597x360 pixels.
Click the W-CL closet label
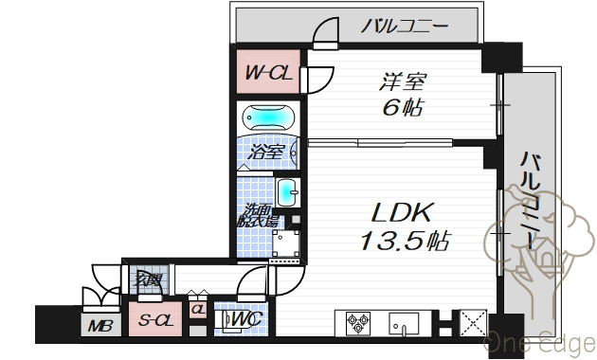click(x=268, y=72)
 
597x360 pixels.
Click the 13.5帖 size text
click(x=404, y=240)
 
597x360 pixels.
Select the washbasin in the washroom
click(x=288, y=191)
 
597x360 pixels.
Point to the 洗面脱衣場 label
click(x=258, y=216)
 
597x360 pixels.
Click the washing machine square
click(x=288, y=244)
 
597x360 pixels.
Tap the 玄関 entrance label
click(x=148, y=279)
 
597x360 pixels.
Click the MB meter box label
click(x=99, y=327)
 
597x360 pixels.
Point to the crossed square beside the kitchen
click(x=471, y=322)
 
